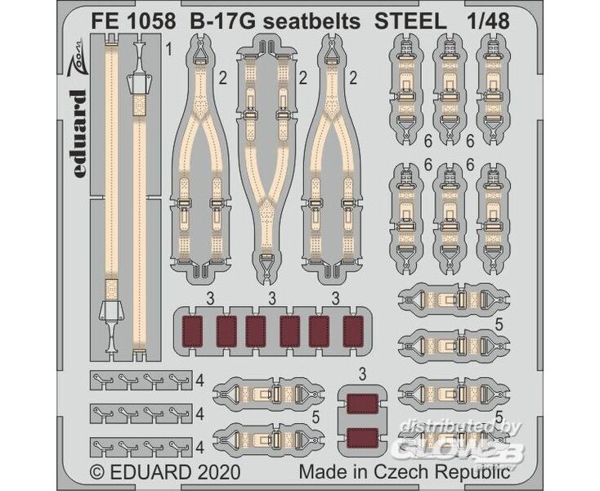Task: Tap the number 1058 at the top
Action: click(x=152, y=22)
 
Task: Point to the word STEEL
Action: click(x=410, y=22)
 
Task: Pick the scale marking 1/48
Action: click(x=488, y=22)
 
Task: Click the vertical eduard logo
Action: click(x=79, y=134)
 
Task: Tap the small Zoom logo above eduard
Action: click(x=78, y=56)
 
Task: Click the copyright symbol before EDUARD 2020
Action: click(x=96, y=471)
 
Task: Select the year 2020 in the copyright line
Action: click(x=219, y=471)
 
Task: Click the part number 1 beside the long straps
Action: click(x=168, y=49)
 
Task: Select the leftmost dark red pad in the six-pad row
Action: click(x=192, y=331)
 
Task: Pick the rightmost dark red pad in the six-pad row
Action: click(x=353, y=331)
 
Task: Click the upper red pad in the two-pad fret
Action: click(x=362, y=403)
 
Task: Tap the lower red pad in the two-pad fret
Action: click(x=362, y=438)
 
